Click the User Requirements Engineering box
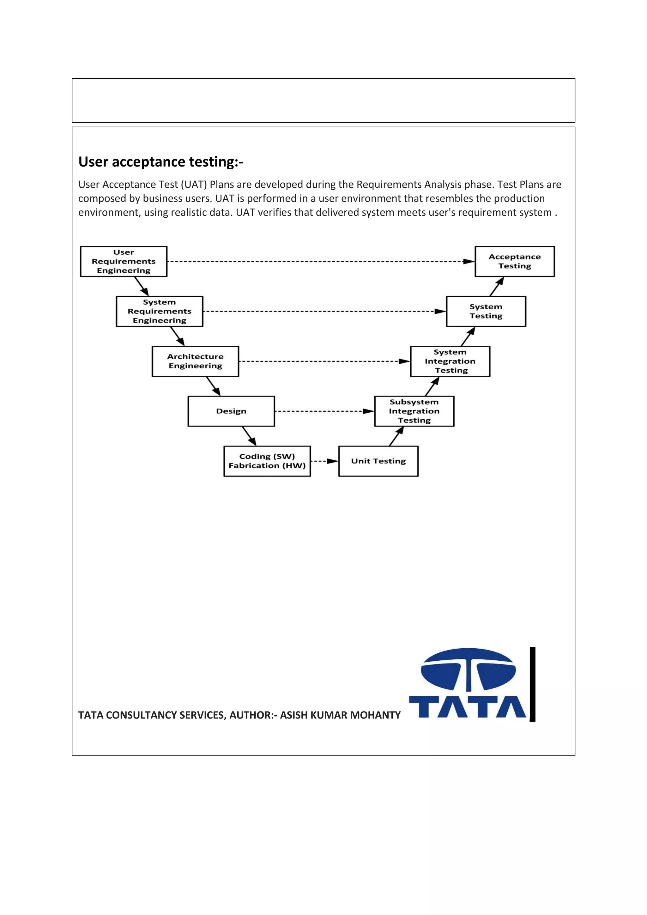pos(124,261)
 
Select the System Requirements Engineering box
pos(159,311)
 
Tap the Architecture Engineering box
pos(195,361)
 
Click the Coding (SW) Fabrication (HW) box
pos(267,461)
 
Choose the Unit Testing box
pos(378,461)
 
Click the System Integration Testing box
pos(450,361)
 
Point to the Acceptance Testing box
pos(514,261)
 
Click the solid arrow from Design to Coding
pos(249,436)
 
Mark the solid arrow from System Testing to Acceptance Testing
pos(496,287)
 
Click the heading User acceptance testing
pos(160,162)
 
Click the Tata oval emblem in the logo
pos(468,670)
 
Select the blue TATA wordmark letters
pos(467,706)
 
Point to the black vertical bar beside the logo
pos(532,684)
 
